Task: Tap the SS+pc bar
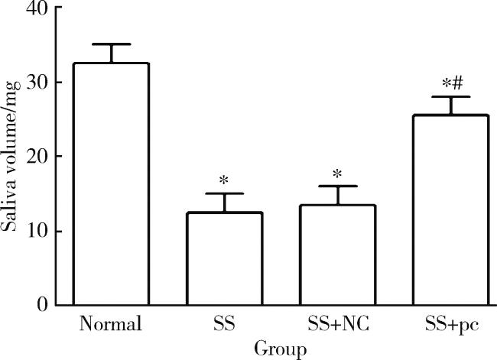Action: pos(451,210)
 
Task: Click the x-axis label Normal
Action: pos(110,325)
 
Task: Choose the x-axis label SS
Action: pos(224,325)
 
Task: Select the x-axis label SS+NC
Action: pos(338,325)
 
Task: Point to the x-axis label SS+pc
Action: pos(451,325)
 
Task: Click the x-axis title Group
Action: pos(281,349)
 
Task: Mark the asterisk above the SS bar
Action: pos(224,181)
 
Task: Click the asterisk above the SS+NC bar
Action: pos(338,173)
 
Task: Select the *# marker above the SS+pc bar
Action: pos(451,83)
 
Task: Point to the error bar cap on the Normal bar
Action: pos(110,44)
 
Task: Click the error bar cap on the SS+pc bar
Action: pos(451,97)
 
